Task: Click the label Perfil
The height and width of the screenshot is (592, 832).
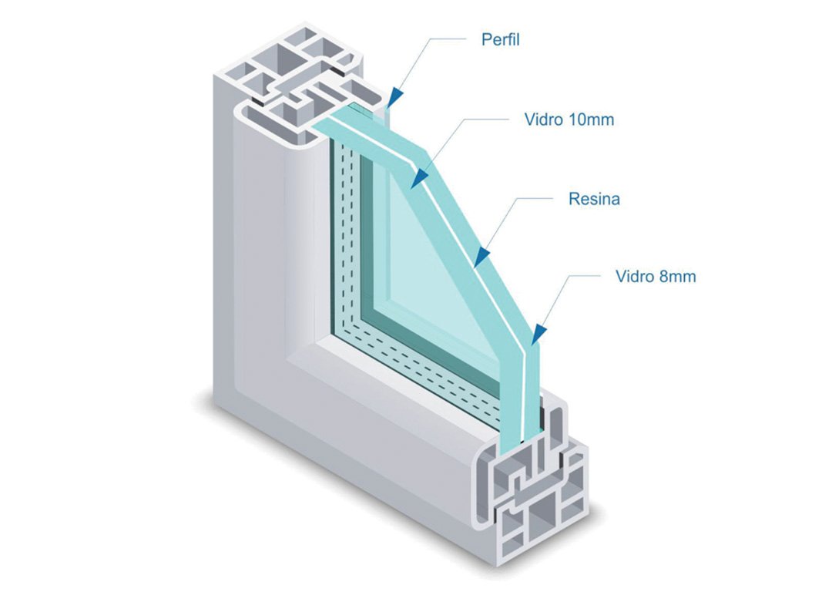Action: [501, 39]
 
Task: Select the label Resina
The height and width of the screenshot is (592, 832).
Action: [594, 199]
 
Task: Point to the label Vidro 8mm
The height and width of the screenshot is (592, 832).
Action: [656, 276]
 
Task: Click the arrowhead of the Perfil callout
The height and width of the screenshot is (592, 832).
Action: [395, 97]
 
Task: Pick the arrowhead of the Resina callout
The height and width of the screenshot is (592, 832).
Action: [481, 256]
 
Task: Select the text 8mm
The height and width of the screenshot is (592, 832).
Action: [677, 276]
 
